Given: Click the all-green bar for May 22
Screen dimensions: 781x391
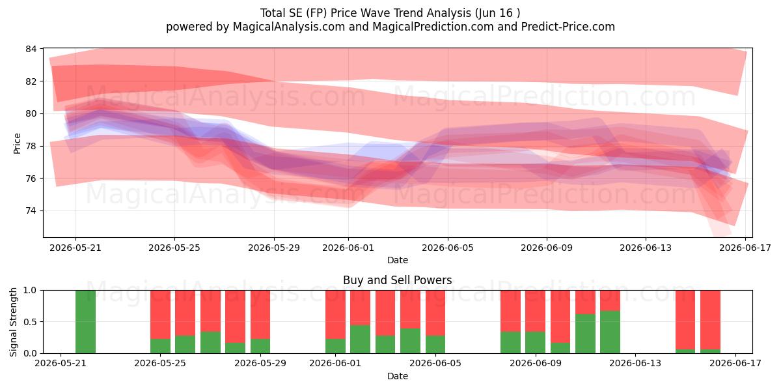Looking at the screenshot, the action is point(85,321).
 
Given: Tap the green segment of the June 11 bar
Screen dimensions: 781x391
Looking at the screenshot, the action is point(585,334).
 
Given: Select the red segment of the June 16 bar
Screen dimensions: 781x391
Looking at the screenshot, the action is point(710,320).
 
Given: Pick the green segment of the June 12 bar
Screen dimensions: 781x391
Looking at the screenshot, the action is point(610,332).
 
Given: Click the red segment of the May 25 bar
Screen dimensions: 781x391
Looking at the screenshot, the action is point(160,315).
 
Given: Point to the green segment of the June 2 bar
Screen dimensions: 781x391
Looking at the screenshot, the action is point(360,340).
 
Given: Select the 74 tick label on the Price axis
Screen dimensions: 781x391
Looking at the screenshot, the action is point(31,211).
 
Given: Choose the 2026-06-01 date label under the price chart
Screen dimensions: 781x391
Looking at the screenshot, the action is point(348,248).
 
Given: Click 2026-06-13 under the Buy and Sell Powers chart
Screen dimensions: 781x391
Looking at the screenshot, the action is point(635,364).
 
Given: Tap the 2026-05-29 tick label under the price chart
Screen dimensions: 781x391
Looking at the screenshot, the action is point(274,248).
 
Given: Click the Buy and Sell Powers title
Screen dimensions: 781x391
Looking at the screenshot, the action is point(398,280).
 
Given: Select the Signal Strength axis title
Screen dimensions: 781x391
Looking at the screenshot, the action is point(13,322).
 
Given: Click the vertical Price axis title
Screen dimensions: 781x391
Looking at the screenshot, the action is point(17,143).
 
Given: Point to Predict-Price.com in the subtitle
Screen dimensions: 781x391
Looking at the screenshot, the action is point(568,27).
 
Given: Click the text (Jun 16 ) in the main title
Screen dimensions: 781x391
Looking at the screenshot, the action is point(497,13).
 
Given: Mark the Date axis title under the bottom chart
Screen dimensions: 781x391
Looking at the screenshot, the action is point(398,376).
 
